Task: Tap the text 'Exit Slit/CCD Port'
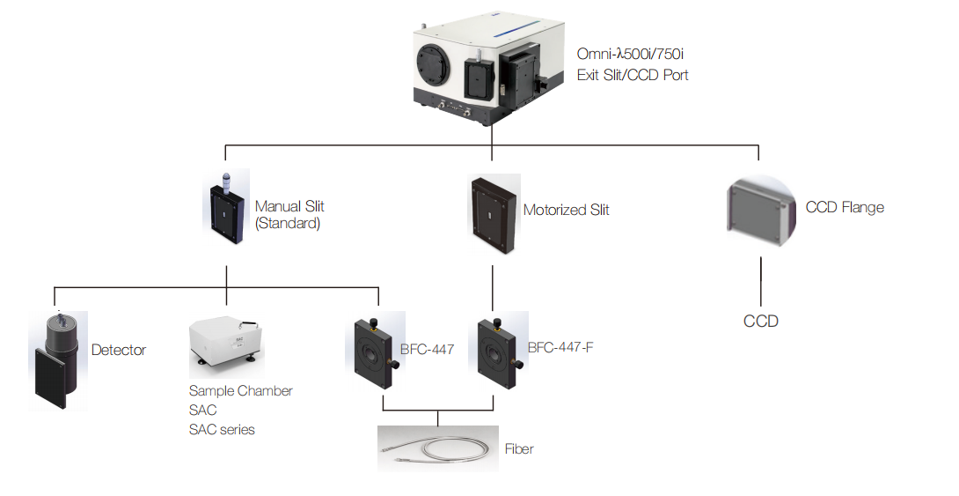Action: coord(633,76)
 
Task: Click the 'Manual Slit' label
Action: coord(289,206)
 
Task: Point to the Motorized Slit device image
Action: coord(492,212)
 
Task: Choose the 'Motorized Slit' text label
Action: coord(566,211)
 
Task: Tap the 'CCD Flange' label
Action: coord(845,208)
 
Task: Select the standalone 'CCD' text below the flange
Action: coord(761,322)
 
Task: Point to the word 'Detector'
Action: coord(119,350)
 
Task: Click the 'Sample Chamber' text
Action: coord(240,391)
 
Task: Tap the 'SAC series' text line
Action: coord(222,430)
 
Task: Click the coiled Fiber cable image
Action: coord(437,449)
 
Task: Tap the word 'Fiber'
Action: coord(519,449)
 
